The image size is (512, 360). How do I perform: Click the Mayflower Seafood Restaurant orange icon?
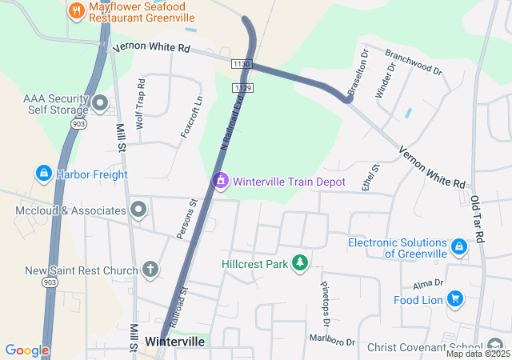76,10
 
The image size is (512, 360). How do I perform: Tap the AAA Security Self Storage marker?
101,102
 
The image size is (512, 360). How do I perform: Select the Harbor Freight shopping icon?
42,173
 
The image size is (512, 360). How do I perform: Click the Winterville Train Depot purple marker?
220,182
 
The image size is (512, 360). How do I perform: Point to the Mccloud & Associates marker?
138,210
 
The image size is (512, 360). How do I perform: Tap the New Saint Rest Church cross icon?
150,270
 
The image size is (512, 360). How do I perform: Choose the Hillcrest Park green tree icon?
300,262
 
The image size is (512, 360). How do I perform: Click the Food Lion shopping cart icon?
455,300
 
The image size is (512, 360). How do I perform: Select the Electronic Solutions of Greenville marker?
459,247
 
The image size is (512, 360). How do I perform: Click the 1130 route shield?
241,63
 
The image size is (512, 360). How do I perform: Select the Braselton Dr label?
356,71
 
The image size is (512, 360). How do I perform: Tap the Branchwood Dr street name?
413,62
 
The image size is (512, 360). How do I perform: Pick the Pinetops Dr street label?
326,305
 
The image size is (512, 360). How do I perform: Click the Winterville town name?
174,342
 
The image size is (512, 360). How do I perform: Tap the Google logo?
26,350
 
